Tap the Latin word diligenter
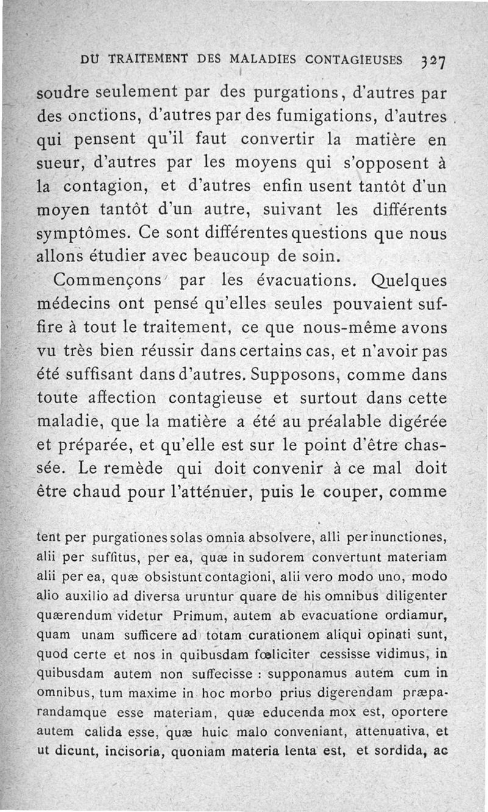point(413,595)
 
